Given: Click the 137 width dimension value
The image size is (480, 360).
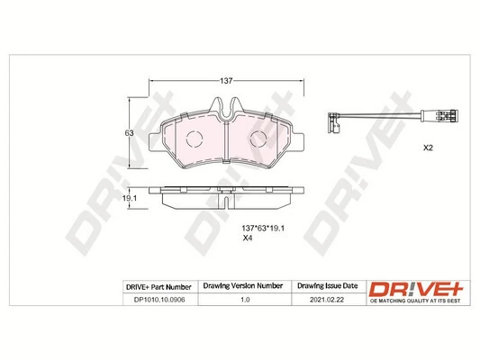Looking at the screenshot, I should [x=228, y=81].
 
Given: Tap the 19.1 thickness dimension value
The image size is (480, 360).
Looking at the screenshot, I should [x=129, y=198].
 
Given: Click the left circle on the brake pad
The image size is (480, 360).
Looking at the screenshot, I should [x=191, y=138].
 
